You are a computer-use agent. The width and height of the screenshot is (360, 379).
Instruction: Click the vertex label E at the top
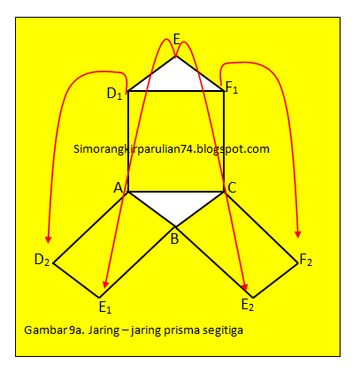pyautogui.click(x=176, y=39)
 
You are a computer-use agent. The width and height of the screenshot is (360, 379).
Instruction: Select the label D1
pyautogui.click(x=114, y=94)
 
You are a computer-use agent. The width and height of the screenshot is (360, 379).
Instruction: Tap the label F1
pyautogui.click(x=232, y=87)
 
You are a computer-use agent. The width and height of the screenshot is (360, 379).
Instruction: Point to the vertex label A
pyautogui.click(x=119, y=187)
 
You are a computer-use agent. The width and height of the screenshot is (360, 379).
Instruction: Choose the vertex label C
pyautogui.click(x=232, y=187)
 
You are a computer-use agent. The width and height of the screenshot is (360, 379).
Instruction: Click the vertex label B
pyautogui.click(x=174, y=239)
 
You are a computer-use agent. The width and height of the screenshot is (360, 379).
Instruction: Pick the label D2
pyautogui.click(x=42, y=261)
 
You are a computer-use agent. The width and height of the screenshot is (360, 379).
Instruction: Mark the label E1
pyautogui.click(x=105, y=307)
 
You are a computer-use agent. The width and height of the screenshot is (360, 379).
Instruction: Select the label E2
pyautogui.click(x=248, y=305)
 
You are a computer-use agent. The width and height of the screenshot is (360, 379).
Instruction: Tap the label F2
pyautogui.click(x=306, y=261)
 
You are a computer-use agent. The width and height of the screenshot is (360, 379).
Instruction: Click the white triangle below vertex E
pyautogui.click(x=176, y=79)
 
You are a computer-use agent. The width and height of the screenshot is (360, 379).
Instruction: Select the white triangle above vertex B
pyautogui.click(x=176, y=204)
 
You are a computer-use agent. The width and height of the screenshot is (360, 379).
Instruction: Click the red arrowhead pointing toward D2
pyautogui.click(x=49, y=239)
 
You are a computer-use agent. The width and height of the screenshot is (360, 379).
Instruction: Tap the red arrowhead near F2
pyautogui.click(x=298, y=234)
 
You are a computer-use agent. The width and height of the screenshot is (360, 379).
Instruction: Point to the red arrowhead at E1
pyautogui.click(x=105, y=284)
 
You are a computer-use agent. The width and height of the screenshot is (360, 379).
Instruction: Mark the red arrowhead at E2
pyautogui.click(x=245, y=287)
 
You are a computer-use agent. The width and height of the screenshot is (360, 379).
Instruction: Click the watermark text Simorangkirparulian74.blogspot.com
pyautogui.click(x=172, y=149)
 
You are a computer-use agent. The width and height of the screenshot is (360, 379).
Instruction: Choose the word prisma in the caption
pyautogui.click(x=181, y=330)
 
